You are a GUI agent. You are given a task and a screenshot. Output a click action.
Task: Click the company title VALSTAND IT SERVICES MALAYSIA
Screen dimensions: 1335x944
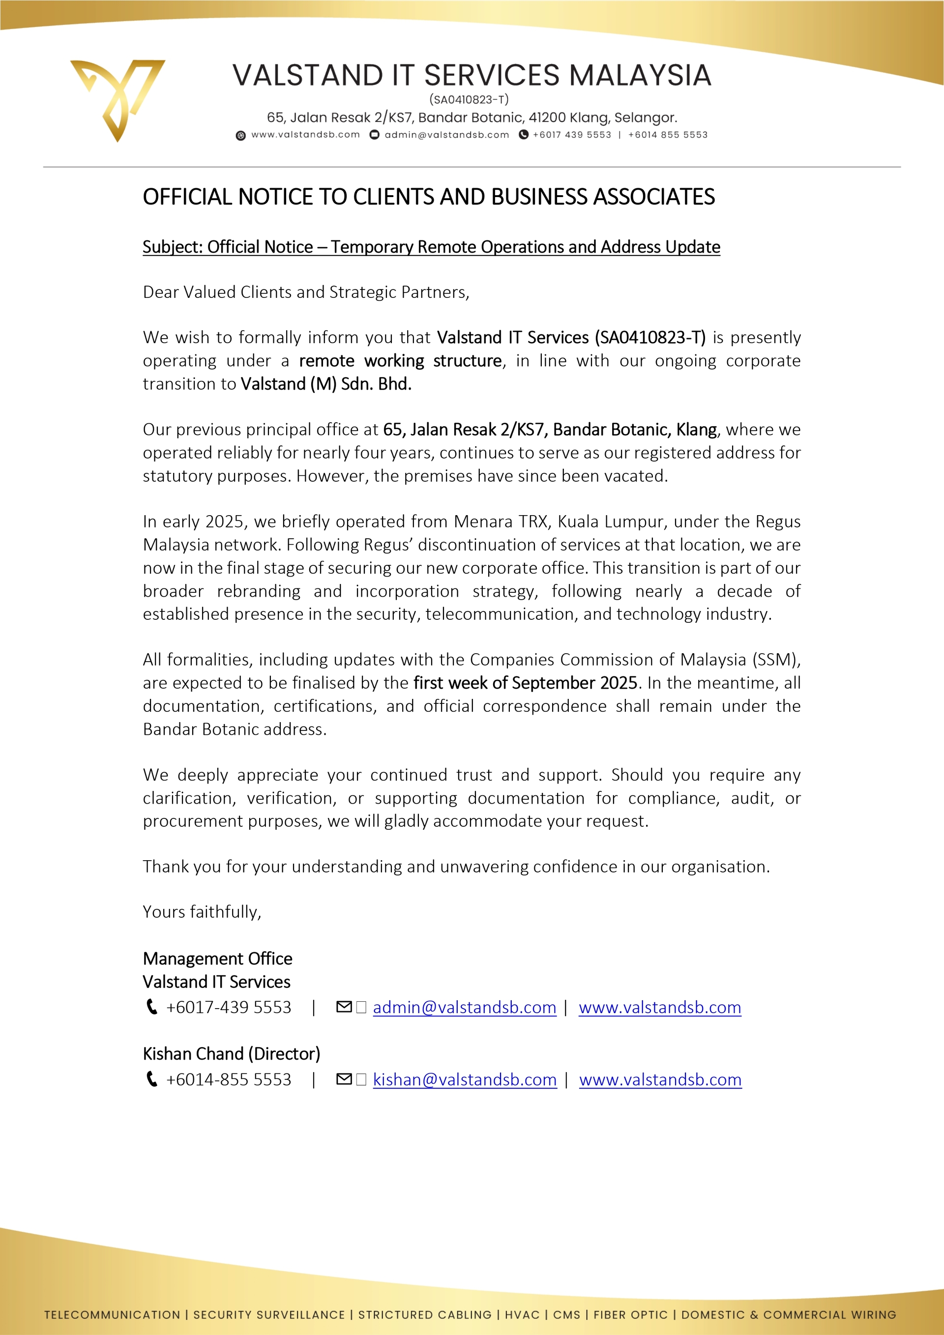[x=472, y=76]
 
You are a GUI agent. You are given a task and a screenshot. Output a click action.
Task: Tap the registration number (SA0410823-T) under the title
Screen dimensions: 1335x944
[x=469, y=99]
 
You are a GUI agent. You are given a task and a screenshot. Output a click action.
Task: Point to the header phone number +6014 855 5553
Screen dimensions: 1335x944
[x=668, y=135]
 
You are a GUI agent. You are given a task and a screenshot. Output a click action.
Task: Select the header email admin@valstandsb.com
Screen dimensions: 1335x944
[x=447, y=135]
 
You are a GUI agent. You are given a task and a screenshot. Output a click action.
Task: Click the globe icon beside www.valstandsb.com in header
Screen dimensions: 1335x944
[x=241, y=136]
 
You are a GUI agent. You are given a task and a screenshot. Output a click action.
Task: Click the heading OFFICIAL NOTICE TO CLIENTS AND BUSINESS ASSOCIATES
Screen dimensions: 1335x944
[x=429, y=197]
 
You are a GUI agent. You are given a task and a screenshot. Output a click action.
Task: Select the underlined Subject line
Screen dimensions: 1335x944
[x=431, y=247]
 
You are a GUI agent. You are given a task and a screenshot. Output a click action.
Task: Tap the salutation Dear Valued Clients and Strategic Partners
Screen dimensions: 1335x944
[x=306, y=292]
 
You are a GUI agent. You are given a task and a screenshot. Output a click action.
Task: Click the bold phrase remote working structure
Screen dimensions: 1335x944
[x=400, y=361]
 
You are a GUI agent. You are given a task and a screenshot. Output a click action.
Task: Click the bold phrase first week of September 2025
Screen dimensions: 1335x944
[x=525, y=683]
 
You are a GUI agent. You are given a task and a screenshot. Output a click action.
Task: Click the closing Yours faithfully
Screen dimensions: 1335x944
[x=202, y=912]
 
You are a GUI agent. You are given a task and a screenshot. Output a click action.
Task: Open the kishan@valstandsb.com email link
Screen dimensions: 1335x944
[x=465, y=1080]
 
